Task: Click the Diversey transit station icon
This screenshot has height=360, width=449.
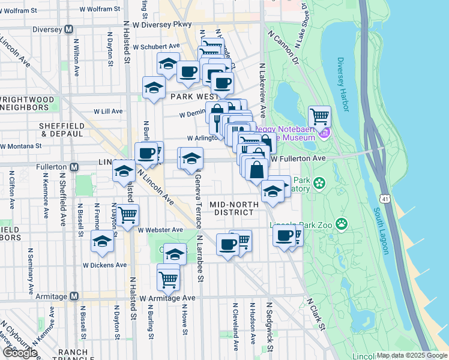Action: click(x=69, y=29)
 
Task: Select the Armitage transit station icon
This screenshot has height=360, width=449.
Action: click(x=74, y=296)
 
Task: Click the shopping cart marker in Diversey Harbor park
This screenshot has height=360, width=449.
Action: click(x=319, y=115)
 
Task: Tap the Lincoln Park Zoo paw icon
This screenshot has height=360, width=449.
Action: click(x=342, y=224)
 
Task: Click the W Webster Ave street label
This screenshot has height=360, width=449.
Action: click(x=160, y=230)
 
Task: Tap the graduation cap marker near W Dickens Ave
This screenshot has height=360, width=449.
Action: click(x=102, y=241)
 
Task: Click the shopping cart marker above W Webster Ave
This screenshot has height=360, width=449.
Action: click(x=127, y=214)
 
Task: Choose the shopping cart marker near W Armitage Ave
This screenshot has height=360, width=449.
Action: click(x=168, y=278)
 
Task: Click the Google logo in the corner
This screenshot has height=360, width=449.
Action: click(x=20, y=353)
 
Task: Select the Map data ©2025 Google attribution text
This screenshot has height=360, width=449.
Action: click(x=412, y=355)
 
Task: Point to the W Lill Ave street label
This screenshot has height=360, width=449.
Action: click(x=108, y=111)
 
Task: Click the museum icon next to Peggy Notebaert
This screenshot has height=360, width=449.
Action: click(x=325, y=132)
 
